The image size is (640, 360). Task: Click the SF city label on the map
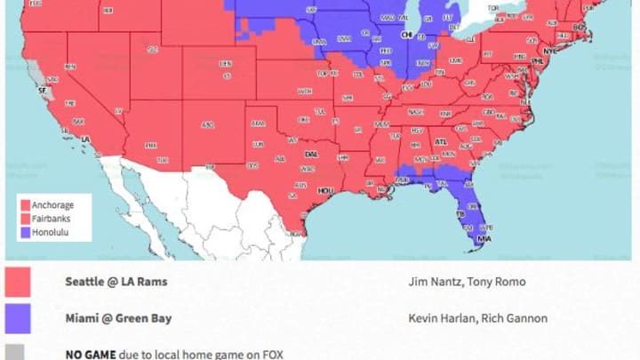click(40, 90)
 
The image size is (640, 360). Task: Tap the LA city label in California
click(86, 140)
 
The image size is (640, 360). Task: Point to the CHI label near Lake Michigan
click(407, 36)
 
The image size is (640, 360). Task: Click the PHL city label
click(537, 61)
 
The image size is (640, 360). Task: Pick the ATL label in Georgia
click(440, 140)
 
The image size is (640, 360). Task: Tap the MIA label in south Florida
click(484, 238)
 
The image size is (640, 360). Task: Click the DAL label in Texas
click(311, 154)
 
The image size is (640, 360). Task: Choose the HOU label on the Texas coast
click(326, 189)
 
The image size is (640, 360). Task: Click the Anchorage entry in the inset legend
click(52, 205)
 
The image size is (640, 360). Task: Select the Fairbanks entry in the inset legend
click(50, 219)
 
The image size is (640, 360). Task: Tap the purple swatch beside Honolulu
click(25, 233)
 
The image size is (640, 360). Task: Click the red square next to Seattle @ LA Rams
click(18, 282)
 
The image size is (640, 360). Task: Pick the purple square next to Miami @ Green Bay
click(18, 317)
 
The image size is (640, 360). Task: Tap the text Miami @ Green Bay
click(118, 317)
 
